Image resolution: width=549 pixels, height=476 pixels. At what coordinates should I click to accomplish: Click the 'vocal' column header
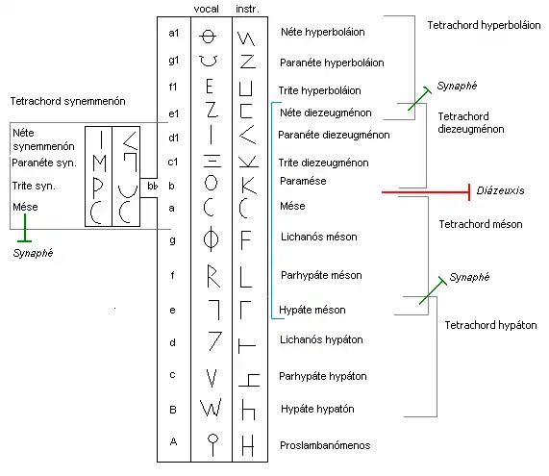(x=208, y=7)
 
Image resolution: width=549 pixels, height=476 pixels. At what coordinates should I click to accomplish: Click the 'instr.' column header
(x=246, y=7)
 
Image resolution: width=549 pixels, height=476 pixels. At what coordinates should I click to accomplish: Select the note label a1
(x=174, y=34)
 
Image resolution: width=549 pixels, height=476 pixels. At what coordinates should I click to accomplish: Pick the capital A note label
(x=173, y=441)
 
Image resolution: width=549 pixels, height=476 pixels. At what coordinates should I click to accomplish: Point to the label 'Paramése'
(x=303, y=180)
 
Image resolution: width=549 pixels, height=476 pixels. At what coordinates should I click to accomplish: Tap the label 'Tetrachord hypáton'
(x=489, y=326)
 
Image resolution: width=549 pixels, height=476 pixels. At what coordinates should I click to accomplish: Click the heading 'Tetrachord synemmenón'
(x=67, y=101)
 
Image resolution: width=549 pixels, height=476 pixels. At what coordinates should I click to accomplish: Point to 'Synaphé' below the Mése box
(x=32, y=254)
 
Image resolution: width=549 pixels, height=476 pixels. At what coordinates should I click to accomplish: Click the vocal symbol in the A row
(x=211, y=443)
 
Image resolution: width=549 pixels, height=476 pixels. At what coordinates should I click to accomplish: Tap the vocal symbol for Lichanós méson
(x=211, y=236)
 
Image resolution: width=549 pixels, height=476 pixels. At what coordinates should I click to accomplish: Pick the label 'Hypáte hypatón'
(x=317, y=409)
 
